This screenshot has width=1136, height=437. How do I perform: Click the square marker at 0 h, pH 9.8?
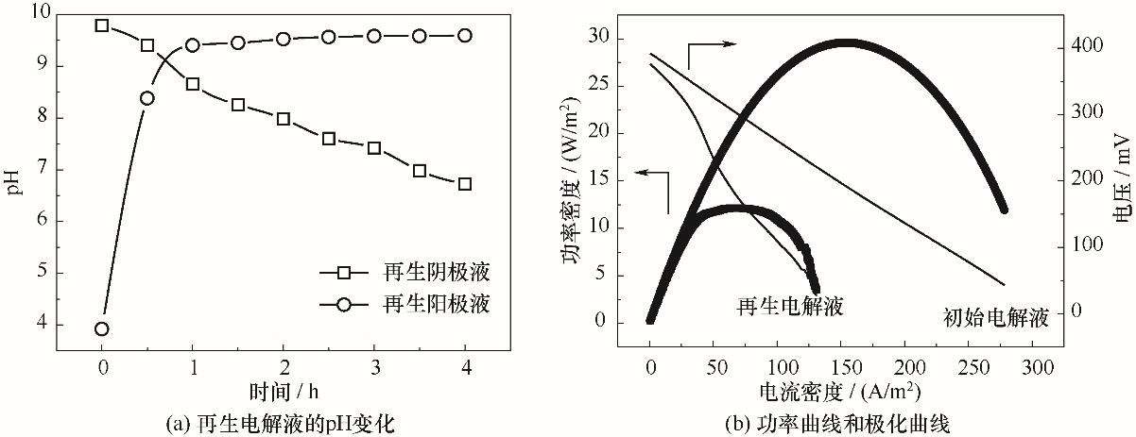102,25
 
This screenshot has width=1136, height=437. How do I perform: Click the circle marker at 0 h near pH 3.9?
102,328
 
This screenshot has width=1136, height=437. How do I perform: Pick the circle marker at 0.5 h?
147,98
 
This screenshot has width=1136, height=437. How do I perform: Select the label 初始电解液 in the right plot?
995,318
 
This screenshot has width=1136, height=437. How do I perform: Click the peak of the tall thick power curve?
846,43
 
